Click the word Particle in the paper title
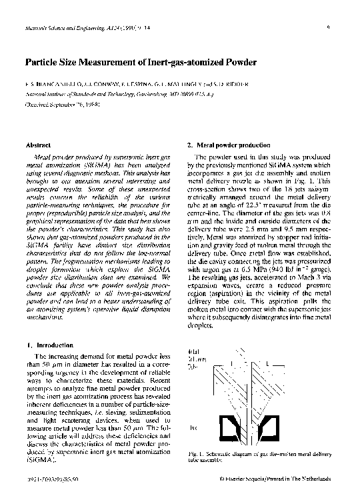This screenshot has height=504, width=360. [x=41, y=63]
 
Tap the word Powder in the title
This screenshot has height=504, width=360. [x=237, y=63]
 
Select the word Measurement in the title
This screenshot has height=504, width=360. [x=113, y=63]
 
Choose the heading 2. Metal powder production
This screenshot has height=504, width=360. [x=229, y=145]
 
